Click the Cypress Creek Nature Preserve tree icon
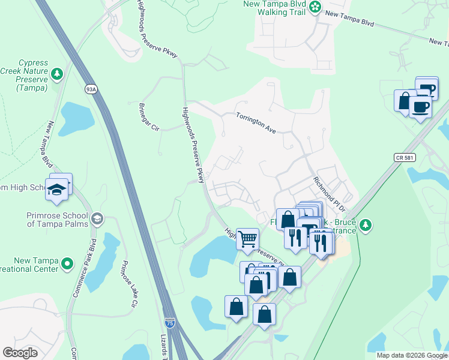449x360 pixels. point(57,74)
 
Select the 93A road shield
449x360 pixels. point(91,89)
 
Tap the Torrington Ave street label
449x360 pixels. point(256,122)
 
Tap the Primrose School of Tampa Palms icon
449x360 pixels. point(97,217)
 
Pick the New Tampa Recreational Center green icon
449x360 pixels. point(68,263)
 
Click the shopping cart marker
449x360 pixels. point(247,239)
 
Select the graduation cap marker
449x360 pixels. point(58,188)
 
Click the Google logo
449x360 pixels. point(20,352)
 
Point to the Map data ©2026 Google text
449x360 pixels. point(412,355)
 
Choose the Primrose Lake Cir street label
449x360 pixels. point(126,284)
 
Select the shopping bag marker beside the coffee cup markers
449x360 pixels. point(405,100)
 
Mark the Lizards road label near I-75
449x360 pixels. point(164,348)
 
